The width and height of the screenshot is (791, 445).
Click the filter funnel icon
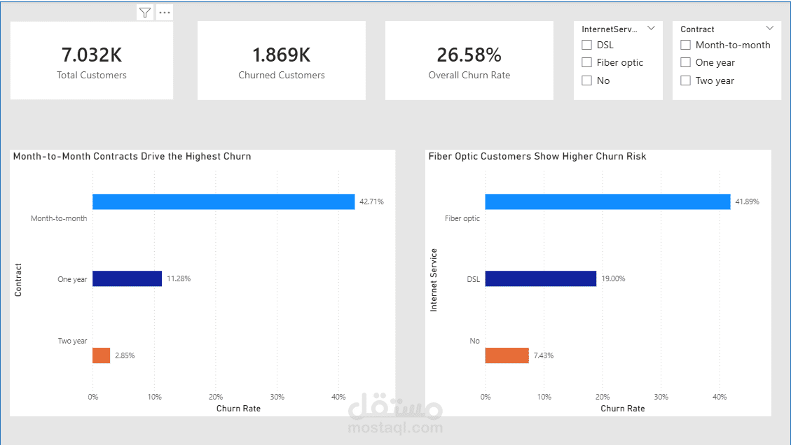(x=145, y=13)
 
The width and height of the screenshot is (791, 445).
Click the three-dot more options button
(x=165, y=13)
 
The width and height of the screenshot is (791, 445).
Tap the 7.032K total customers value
(x=91, y=55)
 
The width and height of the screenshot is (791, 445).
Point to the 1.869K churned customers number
(x=281, y=55)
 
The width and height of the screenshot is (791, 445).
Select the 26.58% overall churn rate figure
(x=469, y=55)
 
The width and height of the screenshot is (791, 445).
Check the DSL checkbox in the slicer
(x=587, y=45)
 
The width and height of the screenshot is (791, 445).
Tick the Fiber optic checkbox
(x=587, y=62)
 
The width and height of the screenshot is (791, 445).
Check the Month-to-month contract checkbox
(x=686, y=45)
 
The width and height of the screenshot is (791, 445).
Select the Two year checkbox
(x=686, y=80)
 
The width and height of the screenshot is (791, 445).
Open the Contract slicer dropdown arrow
(x=770, y=28)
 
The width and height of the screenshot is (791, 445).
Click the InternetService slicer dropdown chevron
(x=651, y=28)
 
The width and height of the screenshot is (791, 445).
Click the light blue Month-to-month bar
(x=223, y=202)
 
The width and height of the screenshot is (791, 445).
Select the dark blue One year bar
(x=127, y=278)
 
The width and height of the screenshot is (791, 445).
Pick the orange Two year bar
(x=102, y=355)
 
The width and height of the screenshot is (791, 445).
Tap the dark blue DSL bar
(x=540, y=278)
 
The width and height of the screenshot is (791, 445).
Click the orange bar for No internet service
(x=507, y=355)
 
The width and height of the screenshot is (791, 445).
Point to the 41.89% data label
(x=747, y=202)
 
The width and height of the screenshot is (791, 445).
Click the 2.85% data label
(x=125, y=355)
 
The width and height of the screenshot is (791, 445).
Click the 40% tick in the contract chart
(x=338, y=397)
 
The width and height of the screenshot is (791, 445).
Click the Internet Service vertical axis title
(x=434, y=280)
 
